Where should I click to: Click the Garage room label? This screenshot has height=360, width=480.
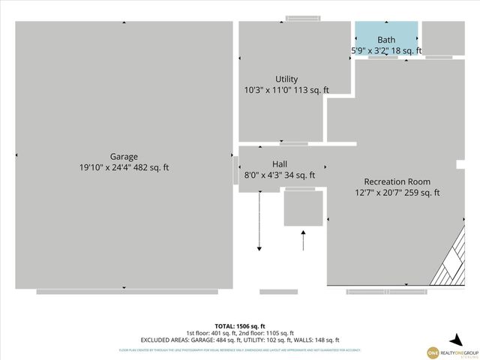point(124,157)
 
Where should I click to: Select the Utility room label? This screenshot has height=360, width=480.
point(286,79)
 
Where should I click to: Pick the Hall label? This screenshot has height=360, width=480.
point(279,164)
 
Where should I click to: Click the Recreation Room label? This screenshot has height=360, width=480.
point(397,181)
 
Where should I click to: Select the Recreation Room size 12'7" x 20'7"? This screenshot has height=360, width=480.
point(381,193)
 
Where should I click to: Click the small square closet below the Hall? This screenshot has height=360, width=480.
point(303,208)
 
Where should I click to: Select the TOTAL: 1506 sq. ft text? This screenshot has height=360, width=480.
point(239,326)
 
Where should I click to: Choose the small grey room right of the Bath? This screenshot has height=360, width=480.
point(442,37)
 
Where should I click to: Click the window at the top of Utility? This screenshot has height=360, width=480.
point(303,18)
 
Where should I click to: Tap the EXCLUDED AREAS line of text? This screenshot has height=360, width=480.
point(239,340)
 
